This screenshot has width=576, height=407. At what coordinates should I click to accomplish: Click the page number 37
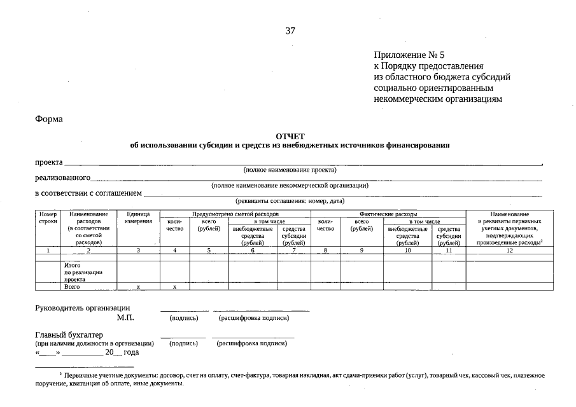coord(290,31)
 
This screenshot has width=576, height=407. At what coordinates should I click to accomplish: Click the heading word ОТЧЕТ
coord(290,136)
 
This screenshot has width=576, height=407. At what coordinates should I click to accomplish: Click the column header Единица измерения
coord(138,218)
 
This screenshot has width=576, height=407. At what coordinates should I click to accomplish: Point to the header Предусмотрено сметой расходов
coord(235,214)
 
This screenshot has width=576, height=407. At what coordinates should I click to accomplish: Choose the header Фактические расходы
coord(388,214)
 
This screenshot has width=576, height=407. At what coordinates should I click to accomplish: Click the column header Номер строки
coord(48,218)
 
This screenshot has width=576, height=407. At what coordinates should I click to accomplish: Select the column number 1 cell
coord(48,251)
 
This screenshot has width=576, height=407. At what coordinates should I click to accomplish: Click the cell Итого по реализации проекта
coord(83,272)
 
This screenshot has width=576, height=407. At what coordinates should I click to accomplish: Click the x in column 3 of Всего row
coord(138,287)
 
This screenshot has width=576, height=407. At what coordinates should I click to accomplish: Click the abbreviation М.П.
coord(125,317)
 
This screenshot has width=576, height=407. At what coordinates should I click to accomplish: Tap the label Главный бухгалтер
coord(69,335)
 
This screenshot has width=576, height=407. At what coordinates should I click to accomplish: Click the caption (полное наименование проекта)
coord(290,170)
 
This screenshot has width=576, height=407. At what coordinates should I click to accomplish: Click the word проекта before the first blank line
coord(48,162)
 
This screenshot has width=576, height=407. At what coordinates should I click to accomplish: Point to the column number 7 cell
coord(293,251)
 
